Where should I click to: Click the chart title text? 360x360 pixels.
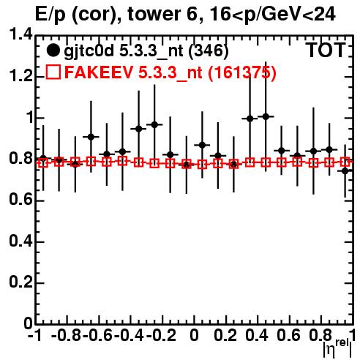(x=185, y=15)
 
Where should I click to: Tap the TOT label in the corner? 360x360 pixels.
(x=326, y=50)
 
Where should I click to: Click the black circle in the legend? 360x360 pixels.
(x=53, y=50)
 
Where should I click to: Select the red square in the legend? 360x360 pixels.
(x=53, y=72)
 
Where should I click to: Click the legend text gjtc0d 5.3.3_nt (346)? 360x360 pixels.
(x=146, y=51)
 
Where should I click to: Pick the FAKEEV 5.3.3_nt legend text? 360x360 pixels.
(x=170, y=72)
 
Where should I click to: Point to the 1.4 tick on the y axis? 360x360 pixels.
(x=20, y=35)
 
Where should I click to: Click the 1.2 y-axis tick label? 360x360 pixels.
(x=20, y=76)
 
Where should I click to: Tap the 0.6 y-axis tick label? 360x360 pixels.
(x=20, y=200)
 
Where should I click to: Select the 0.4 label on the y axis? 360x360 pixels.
(x=20, y=241)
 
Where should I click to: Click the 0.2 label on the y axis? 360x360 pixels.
(x=20, y=282)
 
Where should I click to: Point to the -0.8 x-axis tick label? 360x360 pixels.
(x=66, y=335)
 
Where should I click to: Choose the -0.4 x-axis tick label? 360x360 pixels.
(x=129, y=335)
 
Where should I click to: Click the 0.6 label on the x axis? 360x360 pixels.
(x=288, y=335)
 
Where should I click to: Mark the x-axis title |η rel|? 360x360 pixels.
(x=338, y=349)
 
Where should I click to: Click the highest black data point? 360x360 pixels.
(x=266, y=116)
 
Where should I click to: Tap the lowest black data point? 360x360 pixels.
(x=345, y=171)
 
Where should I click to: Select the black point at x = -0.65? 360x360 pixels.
(x=91, y=137)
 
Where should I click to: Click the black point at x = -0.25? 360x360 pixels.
(x=154, y=124)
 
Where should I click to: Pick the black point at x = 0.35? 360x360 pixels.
(x=250, y=119)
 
